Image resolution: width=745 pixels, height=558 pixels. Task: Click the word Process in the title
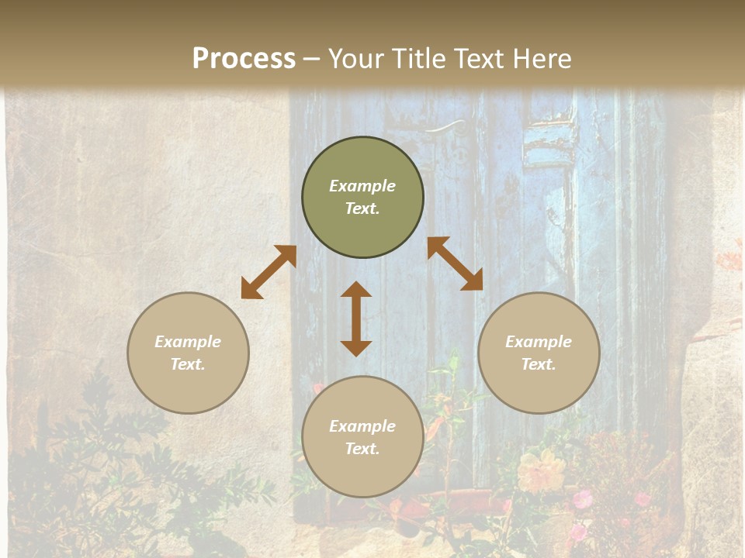coord(244,59)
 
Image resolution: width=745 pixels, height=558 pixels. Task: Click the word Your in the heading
coord(356,59)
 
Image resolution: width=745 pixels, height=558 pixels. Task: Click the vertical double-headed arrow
coord(356,319)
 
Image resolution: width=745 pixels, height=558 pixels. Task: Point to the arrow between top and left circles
coord(269,272)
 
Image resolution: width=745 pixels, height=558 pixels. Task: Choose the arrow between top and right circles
coord(455,263)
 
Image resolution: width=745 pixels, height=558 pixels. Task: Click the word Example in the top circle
coord(362,186)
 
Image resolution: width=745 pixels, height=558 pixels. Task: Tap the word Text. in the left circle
coord(188,364)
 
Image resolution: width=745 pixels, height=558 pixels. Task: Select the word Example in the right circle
coord(539,342)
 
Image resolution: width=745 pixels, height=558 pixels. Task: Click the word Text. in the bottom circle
coord(362,449)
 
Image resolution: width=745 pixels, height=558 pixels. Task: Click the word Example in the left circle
coord(188,342)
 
